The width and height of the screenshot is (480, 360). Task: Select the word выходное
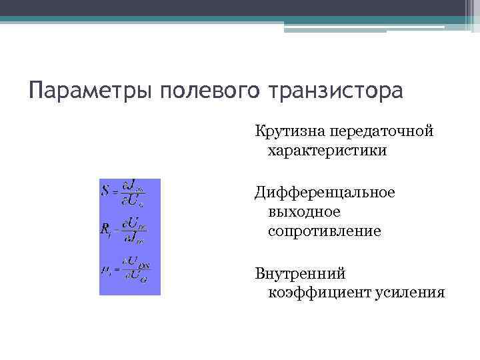(304, 212)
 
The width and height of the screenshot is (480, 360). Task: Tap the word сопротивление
(324, 232)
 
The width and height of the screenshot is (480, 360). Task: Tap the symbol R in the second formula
(105, 229)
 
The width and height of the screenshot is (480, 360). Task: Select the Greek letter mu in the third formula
(105, 269)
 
